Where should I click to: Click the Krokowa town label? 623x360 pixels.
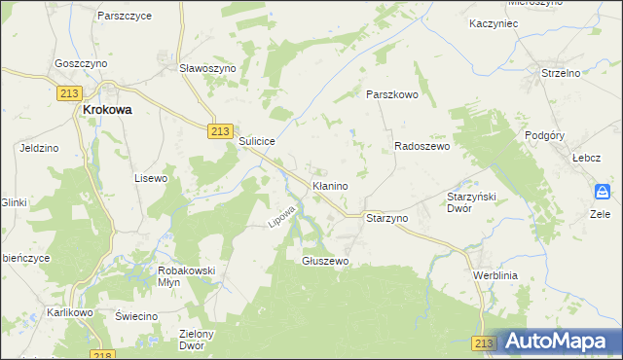(x=106, y=110)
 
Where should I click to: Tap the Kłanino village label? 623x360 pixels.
(x=330, y=184)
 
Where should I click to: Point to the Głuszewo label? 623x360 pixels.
(x=325, y=261)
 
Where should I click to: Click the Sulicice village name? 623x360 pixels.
(x=258, y=141)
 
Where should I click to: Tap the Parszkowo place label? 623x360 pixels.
(x=391, y=94)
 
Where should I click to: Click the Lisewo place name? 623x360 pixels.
(x=151, y=178)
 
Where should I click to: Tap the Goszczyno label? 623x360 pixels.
(x=81, y=61)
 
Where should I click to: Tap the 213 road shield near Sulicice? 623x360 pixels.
(x=220, y=131)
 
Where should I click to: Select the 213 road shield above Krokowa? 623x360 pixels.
(x=68, y=91)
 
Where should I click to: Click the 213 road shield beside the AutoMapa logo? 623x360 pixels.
(x=484, y=343)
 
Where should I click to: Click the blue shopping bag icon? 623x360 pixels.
(x=603, y=191)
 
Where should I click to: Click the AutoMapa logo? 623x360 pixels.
(x=559, y=342)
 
